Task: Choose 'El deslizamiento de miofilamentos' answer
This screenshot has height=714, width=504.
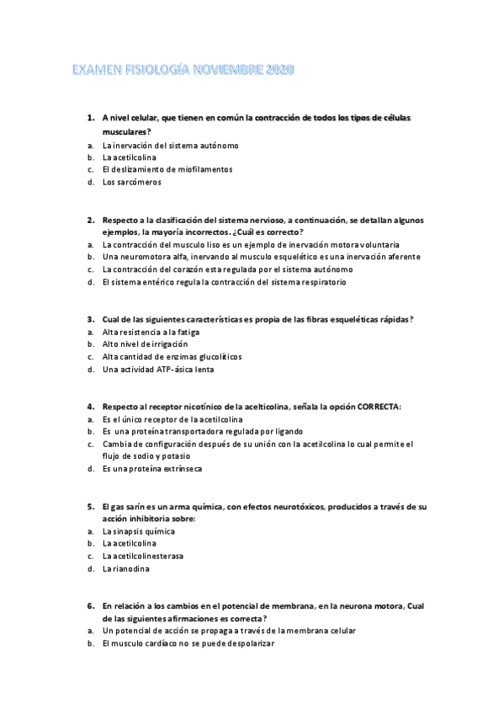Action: click(x=167, y=169)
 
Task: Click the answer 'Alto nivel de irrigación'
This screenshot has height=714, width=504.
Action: click(x=145, y=344)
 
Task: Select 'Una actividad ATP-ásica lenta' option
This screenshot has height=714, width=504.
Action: click(x=157, y=369)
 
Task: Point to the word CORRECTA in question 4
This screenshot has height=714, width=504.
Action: click(x=378, y=407)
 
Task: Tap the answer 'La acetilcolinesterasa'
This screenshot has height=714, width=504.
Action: click(x=143, y=557)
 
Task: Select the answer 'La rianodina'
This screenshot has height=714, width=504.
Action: click(x=126, y=569)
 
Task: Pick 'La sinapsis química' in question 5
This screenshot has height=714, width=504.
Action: click(x=138, y=531)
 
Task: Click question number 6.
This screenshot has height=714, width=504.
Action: click(x=90, y=605)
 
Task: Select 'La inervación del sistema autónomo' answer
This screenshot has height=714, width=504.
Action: click(x=170, y=145)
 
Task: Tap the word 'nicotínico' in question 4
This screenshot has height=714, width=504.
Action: click(x=203, y=407)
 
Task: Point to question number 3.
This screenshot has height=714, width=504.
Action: click(x=90, y=319)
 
